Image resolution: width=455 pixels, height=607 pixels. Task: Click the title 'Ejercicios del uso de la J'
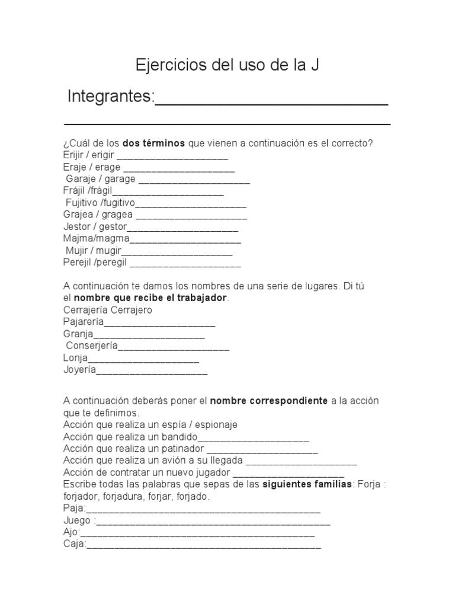tap(227, 65)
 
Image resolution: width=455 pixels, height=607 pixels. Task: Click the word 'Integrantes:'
tap(111, 96)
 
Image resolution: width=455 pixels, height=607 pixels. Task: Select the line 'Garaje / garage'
tap(101, 179)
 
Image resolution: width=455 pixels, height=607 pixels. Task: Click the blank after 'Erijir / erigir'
tap(172, 156)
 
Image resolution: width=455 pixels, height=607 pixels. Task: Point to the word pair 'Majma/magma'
tap(95, 238)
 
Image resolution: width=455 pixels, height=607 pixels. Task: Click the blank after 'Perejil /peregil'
tap(185, 263)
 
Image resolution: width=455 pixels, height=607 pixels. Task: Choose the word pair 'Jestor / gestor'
tap(94, 226)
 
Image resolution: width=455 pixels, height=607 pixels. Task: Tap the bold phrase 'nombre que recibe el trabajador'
tap(150, 298)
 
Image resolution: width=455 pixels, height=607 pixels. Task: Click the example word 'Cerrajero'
tap(132, 310)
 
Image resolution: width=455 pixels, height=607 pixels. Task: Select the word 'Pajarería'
tap(83, 322)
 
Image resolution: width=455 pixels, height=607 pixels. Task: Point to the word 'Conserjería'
tap(92, 346)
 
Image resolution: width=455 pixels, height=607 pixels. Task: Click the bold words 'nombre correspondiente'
tap(269, 401)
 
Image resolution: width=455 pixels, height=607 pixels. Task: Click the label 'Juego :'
tap(78, 520)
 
